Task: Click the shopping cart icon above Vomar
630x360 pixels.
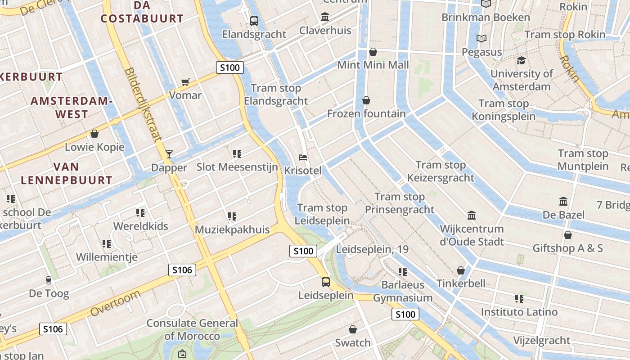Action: click(x=185, y=82)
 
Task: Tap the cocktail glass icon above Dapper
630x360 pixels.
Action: click(x=169, y=154)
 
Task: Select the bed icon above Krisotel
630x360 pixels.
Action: click(x=303, y=157)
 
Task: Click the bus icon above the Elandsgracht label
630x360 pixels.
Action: click(x=254, y=21)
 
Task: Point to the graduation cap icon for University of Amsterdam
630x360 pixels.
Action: click(x=521, y=60)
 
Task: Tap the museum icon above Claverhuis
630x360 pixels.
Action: click(x=325, y=17)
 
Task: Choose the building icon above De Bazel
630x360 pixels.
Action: click(x=563, y=201)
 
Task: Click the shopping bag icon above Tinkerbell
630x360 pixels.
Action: click(x=461, y=270)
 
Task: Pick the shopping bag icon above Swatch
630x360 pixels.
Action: click(x=353, y=329)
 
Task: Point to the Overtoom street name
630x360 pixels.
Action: click(x=115, y=303)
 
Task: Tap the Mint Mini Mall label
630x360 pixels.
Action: click(x=373, y=65)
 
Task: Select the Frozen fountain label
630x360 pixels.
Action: click(x=366, y=113)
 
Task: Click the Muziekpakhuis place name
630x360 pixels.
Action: click(x=232, y=229)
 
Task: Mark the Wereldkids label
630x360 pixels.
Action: click(x=140, y=226)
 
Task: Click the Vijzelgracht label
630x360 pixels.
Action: click(x=542, y=340)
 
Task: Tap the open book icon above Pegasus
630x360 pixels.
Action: click(x=481, y=39)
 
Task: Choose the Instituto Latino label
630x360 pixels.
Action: click(x=519, y=312)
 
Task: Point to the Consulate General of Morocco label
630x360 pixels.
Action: click(x=192, y=329)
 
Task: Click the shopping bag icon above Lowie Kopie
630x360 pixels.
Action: click(x=94, y=134)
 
